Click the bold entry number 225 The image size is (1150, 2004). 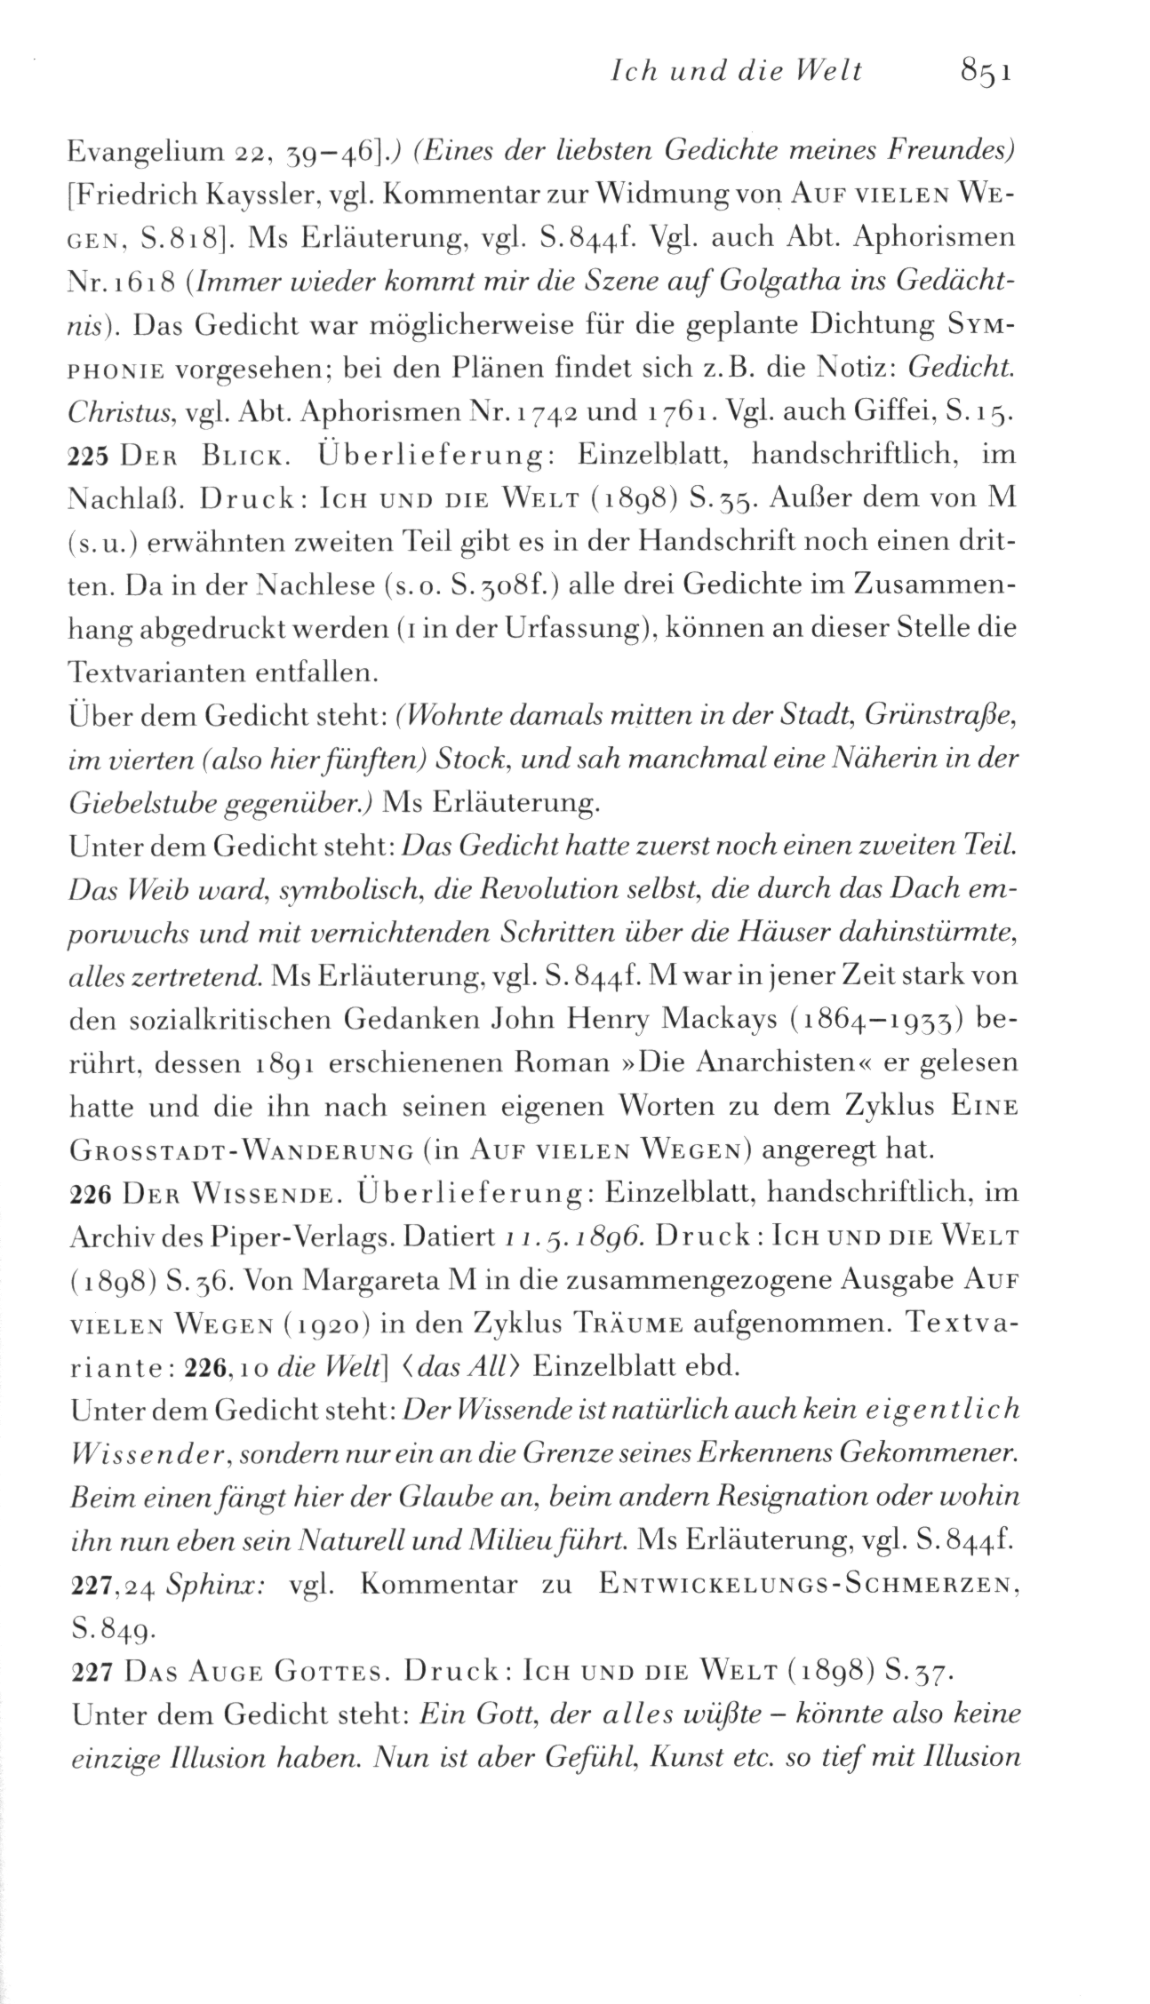click(87, 456)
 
